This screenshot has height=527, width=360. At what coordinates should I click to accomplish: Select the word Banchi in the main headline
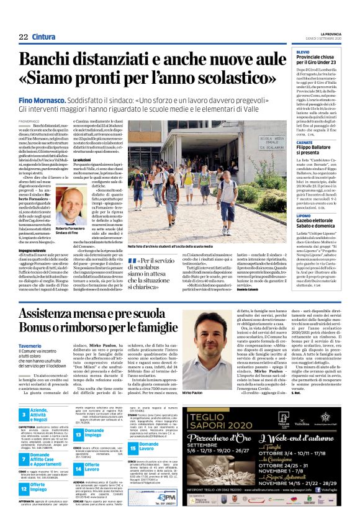click(53, 61)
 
